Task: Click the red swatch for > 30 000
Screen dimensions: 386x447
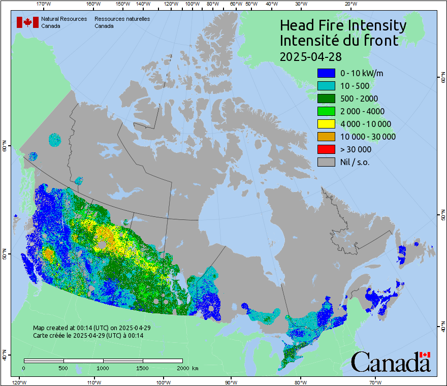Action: click(x=326, y=149)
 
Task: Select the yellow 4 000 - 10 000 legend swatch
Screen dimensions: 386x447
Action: click(x=326, y=124)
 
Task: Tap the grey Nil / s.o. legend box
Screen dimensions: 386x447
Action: click(x=326, y=162)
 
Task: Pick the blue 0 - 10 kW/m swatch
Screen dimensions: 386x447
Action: click(x=326, y=73)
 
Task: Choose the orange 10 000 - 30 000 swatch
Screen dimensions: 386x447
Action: click(x=326, y=137)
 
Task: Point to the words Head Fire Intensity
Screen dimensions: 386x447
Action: click(x=343, y=25)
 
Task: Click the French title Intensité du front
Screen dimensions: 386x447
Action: click(x=339, y=41)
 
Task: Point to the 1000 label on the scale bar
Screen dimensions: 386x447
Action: click(x=103, y=368)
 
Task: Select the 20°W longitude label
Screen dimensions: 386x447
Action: click(x=350, y=4)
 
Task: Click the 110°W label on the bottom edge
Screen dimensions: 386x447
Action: click(x=93, y=382)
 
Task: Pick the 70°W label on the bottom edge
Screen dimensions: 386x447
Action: click(x=375, y=382)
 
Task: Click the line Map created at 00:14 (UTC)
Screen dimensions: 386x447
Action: click(x=91, y=328)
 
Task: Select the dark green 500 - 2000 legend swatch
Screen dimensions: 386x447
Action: click(x=326, y=99)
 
